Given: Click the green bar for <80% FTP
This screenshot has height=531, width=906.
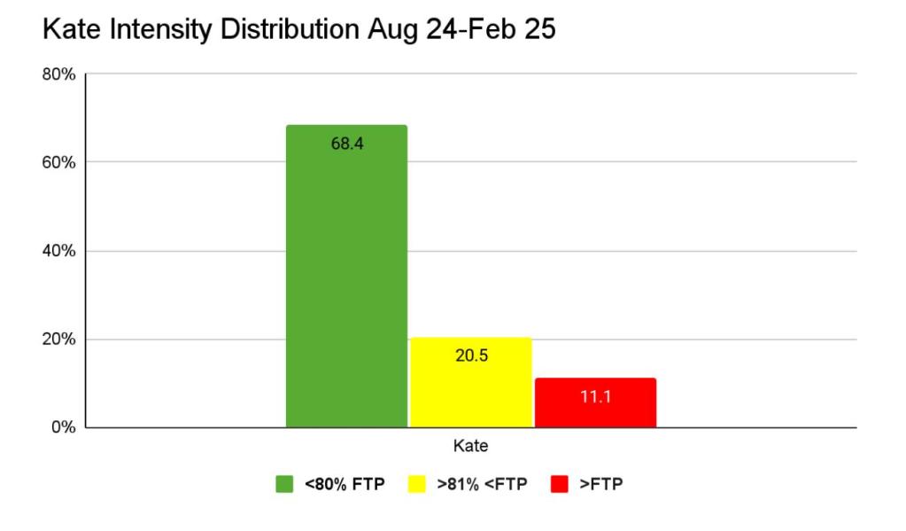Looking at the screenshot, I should pos(346,284).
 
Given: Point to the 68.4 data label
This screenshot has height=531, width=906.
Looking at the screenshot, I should pos(346,144).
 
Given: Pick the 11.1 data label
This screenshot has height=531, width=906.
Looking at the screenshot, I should pos(595,396).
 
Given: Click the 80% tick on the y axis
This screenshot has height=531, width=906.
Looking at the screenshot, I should pos(59,74).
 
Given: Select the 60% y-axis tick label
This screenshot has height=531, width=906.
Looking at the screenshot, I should pos(59,162).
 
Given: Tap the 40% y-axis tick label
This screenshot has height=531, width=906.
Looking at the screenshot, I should pos(59,251).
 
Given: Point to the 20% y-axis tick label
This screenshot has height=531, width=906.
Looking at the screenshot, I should pos(59,340).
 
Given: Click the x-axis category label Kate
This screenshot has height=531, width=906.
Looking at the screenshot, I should pos(470,447).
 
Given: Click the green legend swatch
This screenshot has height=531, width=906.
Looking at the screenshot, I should pos(284,484).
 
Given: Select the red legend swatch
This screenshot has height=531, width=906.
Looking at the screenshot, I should pos(559,484).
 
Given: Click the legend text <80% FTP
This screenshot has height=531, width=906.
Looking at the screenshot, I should pos(345,484).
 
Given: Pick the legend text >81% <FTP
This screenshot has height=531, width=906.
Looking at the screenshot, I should pos(482,484).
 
